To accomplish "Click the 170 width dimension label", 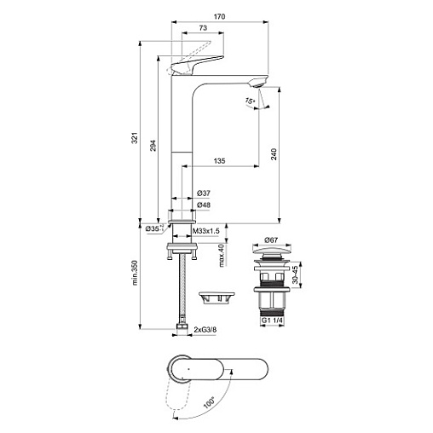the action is [219, 16].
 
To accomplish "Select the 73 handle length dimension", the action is [203, 28].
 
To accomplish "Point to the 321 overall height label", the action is [135, 138].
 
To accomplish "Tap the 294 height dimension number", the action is [153, 145].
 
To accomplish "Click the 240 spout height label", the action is [274, 154].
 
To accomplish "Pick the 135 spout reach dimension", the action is [219, 161].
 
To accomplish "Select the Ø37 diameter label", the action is [204, 193].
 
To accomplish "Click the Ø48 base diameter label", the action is [204, 205].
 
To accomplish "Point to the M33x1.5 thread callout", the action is [206, 231].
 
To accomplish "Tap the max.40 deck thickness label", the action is [222, 256].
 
